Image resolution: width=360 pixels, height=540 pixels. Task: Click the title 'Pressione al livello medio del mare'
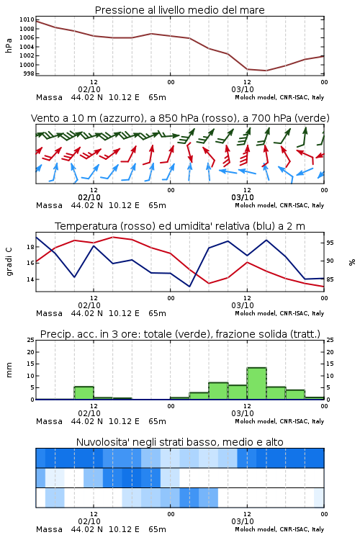[x=179, y=10]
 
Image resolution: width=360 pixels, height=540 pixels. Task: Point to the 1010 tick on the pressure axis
[x=27, y=19]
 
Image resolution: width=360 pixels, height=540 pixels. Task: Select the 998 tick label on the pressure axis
[x=29, y=73]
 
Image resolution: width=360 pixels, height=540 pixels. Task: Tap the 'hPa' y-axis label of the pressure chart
[x=9, y=45]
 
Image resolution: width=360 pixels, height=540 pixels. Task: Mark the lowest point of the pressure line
[x=266, y=71]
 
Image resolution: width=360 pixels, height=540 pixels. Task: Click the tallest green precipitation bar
[x=256, y=384]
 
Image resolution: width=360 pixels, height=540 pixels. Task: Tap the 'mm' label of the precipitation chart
[x=9, y=370]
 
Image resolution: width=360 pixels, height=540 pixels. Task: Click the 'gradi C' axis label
[x=9, y=261]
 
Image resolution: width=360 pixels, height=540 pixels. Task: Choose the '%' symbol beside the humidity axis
[x=352, y=262]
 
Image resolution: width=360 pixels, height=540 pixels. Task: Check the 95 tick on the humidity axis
[x=330, y=243]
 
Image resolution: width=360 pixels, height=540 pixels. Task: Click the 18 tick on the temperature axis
[x=30, y=247]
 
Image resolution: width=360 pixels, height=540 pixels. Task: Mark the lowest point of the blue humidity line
[x=189, y=287]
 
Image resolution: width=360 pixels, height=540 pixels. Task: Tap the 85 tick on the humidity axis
[x=330, y=279]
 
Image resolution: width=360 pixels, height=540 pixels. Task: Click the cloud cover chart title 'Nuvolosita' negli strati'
[x=139, y=442]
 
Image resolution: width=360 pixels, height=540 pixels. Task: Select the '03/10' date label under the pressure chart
[x=243, y=89]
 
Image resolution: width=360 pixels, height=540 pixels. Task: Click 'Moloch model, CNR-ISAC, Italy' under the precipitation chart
[x=279, y=421]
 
